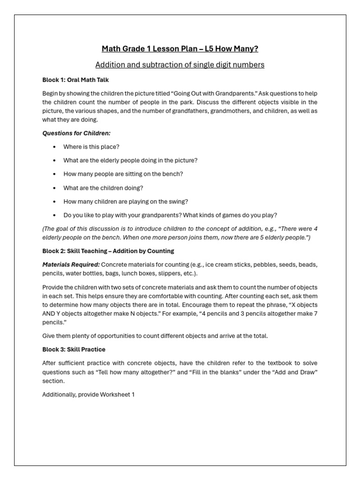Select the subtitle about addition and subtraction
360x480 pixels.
(180, 65)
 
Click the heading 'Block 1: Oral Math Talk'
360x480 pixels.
(75, 80)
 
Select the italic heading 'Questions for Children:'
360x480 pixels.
(76, 133)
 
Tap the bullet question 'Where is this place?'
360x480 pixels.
(91, 147)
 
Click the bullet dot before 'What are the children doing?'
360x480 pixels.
(54, 188)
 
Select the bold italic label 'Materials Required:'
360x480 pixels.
(71, 264)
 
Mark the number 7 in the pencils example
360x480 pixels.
(315, 314)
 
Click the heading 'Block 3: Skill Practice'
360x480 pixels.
(74, 349)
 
